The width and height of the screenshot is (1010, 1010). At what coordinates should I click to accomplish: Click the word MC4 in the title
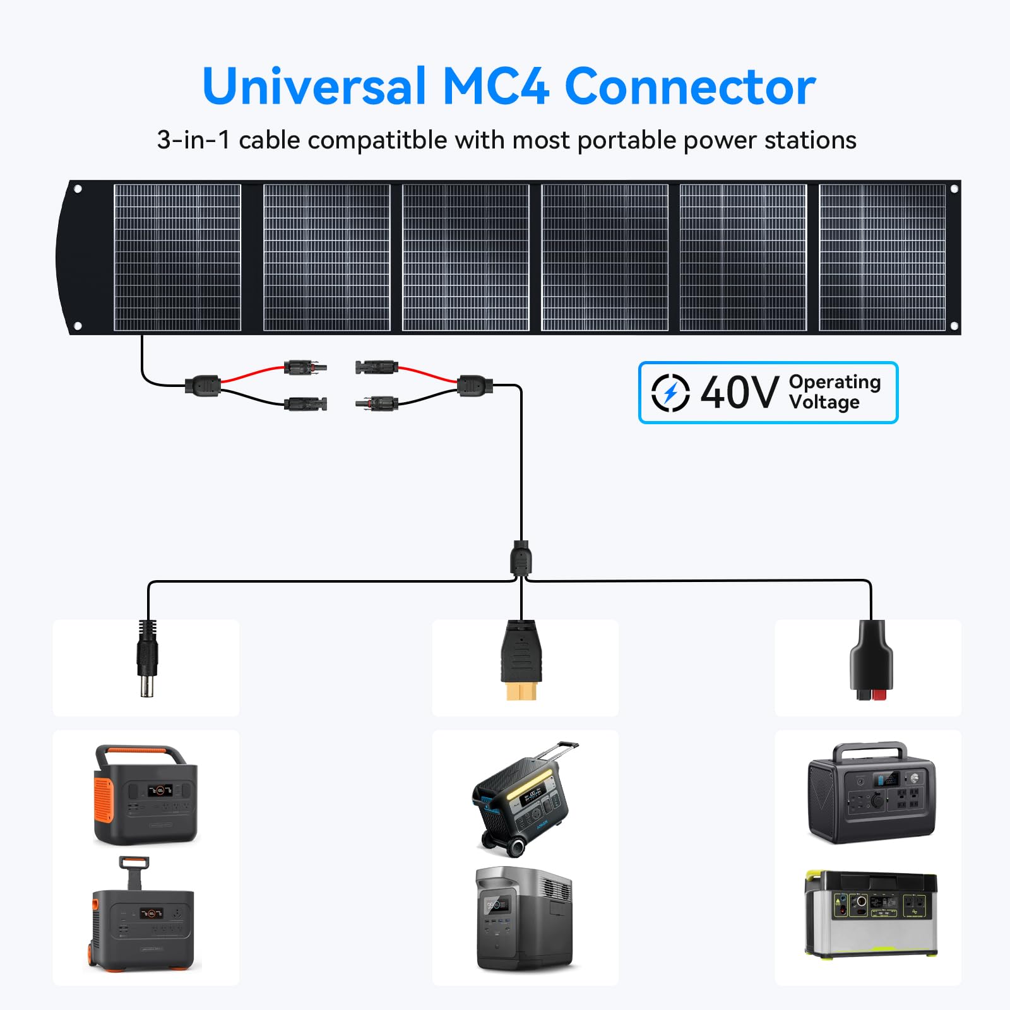(496, 86)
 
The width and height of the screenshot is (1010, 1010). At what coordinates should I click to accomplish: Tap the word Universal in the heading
(314, 86)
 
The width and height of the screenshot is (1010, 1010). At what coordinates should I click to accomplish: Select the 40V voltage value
(739, 393)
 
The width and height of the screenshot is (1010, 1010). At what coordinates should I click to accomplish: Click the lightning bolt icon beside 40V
(670, 393)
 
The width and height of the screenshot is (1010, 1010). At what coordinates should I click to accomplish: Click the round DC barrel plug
(146, 660)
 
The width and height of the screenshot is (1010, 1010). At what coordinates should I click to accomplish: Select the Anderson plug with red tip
(871, 663)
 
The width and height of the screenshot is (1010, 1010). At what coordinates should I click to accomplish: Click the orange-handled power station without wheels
(145, 795)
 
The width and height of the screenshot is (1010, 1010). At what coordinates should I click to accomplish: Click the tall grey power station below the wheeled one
(524, 918)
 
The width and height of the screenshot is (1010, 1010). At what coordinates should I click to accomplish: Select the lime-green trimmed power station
(870, 914)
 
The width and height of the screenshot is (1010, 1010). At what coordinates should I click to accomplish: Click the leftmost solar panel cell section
(177, 257)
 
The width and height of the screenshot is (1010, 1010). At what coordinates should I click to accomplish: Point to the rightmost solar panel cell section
(882, 257)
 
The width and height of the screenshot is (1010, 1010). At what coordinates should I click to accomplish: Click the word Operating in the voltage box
(835, 382)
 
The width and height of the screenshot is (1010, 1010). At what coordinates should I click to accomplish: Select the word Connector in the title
(690, 86)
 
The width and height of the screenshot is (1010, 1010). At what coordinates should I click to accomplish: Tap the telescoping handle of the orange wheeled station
(134, 871)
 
